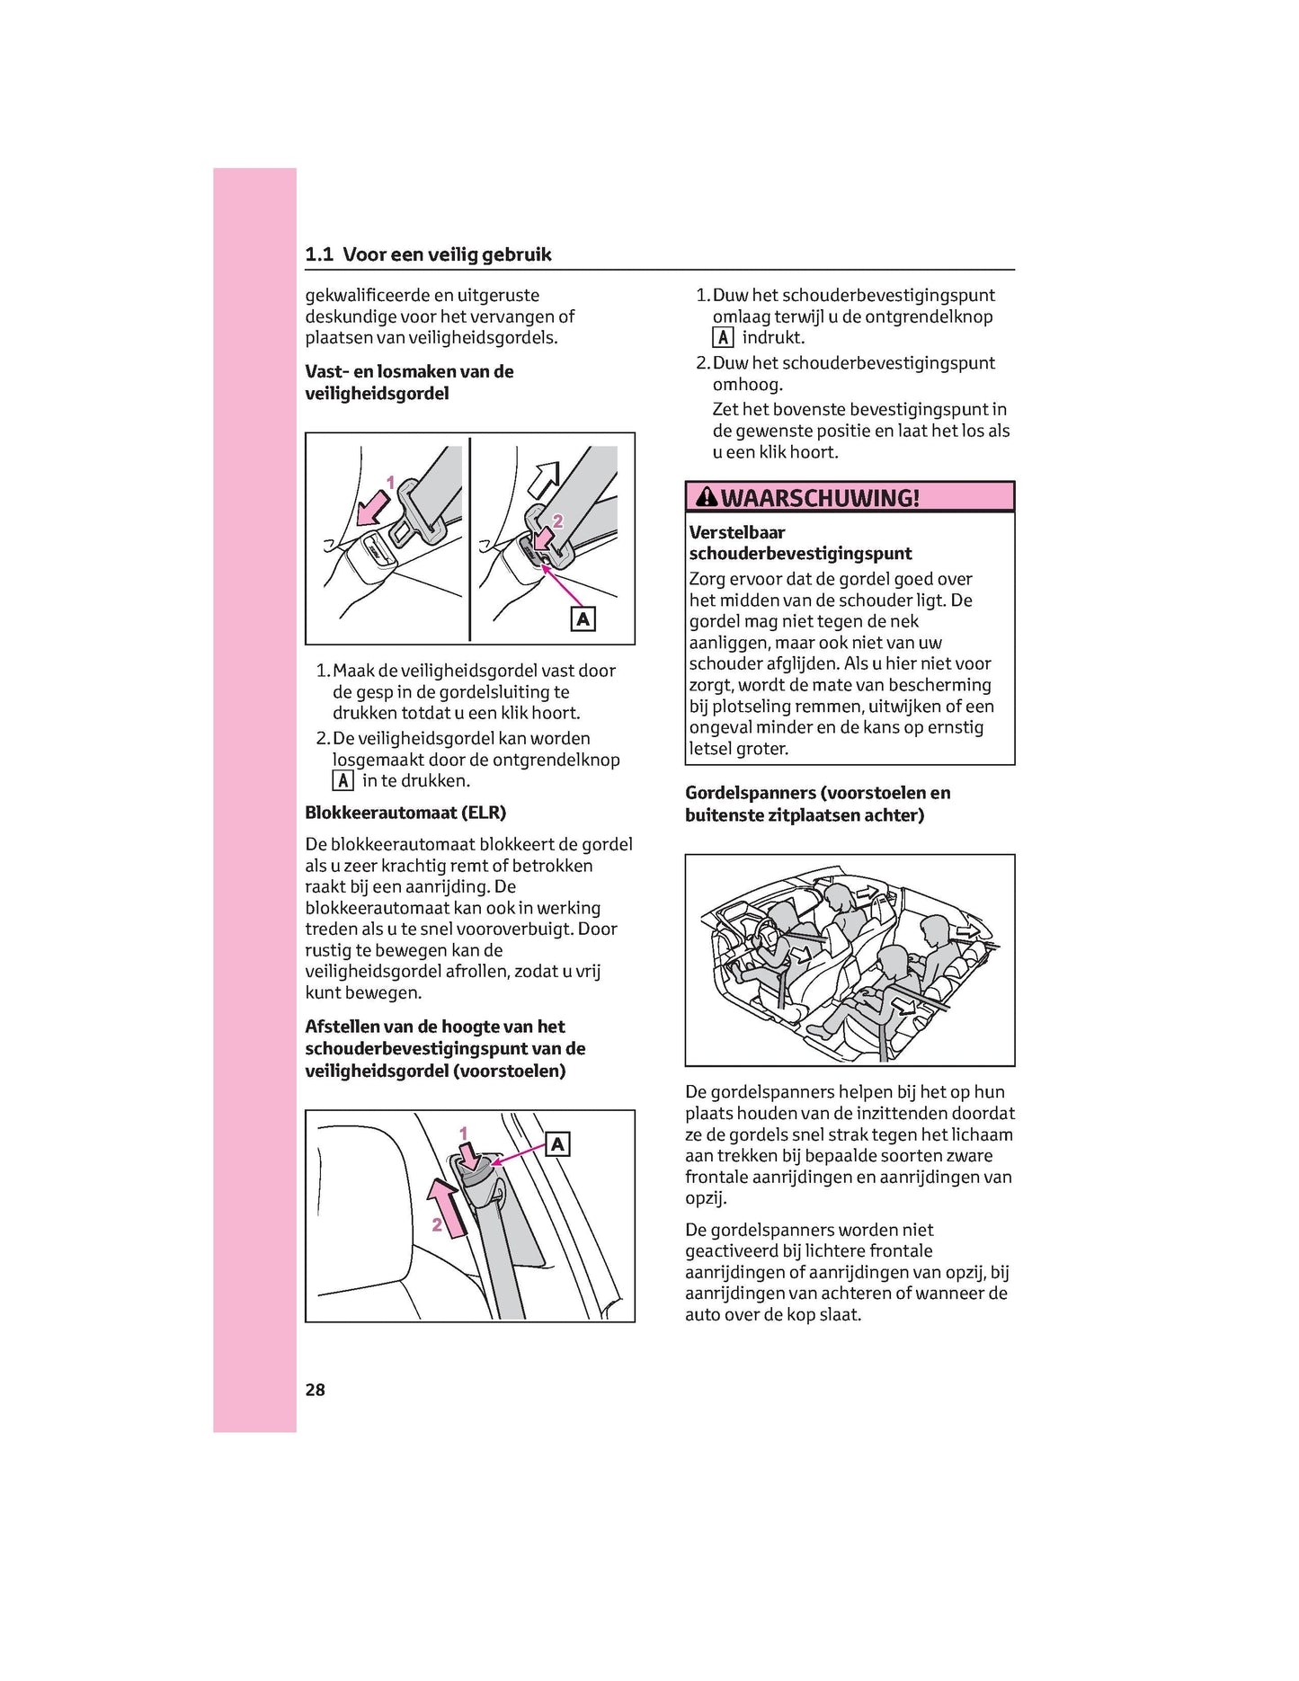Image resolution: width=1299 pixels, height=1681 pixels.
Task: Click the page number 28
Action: (315, 1390)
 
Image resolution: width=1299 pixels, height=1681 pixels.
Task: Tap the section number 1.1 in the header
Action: (319, 254)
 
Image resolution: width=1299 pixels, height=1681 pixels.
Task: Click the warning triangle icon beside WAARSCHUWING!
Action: (707, 496)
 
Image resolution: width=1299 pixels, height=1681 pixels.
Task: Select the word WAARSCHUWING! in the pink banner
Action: (820, 497)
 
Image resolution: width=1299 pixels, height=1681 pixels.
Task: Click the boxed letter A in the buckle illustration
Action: (583, 618)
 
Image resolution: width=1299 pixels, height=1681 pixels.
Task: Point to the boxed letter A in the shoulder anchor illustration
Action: (558, 1144)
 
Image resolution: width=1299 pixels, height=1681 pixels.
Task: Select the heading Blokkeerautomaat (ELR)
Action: (405, 813)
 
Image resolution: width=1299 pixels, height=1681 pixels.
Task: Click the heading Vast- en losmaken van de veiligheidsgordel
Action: (409, 382)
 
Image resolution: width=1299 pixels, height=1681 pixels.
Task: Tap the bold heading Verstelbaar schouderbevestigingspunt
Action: (800, 543)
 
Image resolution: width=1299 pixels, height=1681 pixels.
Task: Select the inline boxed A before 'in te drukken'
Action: (343, 781)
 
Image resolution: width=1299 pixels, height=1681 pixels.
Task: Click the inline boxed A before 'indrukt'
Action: (723, 338)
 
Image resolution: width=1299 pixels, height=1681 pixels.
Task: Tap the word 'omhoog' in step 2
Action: (748, 385)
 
